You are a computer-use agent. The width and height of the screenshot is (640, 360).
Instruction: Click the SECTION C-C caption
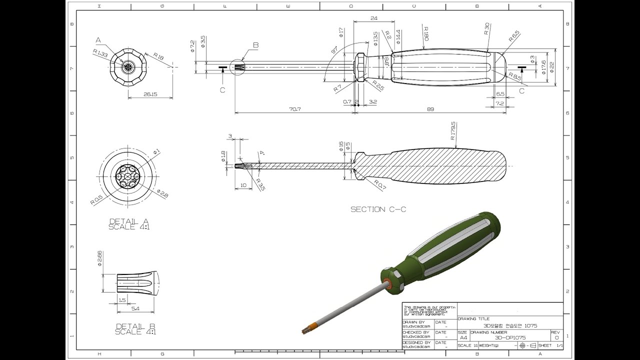(378, 209)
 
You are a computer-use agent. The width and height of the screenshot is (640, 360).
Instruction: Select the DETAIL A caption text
(128, 224)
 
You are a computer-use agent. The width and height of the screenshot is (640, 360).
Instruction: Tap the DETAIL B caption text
(128, 328)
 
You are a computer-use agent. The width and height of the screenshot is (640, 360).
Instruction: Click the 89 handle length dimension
(430, 109)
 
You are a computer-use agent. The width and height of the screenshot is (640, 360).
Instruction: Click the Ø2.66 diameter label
(100, 258)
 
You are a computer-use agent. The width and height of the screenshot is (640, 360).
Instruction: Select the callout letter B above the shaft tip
(255, 45)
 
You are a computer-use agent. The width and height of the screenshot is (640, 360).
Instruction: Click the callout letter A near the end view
(98, 39)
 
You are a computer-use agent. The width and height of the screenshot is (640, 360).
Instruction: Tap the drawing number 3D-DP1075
(507, 337)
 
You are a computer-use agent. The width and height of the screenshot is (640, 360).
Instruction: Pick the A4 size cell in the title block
(463, 338)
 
